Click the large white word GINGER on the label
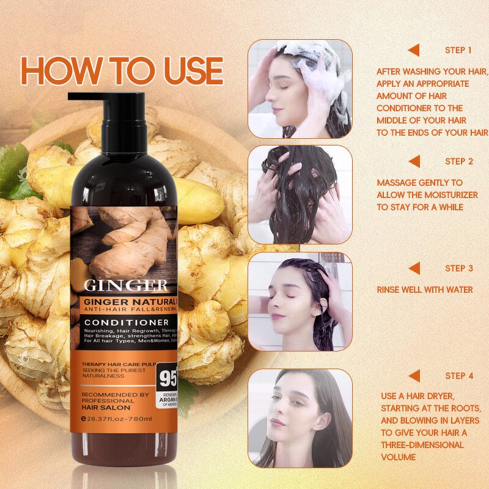(x=125, y=285)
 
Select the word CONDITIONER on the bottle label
(x=127, y=322)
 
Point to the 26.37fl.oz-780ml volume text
(x=120, y=418)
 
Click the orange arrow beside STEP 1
(x=414, y=50)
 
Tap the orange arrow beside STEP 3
(x=414, y=268)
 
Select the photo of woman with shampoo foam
(x=300, y=89)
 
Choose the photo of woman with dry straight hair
(x=300, y=418)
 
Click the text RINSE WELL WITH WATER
(x=424, y=289)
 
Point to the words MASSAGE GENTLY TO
(x=419, y=183)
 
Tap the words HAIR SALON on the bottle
(x=106, y=405)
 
